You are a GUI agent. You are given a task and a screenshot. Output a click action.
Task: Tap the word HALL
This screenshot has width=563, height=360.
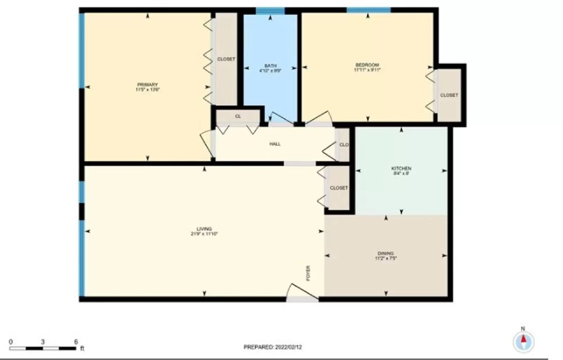(275, 144)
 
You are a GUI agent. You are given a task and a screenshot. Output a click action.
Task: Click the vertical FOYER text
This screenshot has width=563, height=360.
(308, 273)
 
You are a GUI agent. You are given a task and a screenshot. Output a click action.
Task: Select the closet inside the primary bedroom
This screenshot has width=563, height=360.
(226, 59)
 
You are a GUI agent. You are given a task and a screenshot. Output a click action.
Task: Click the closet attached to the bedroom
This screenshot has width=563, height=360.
(449, 95)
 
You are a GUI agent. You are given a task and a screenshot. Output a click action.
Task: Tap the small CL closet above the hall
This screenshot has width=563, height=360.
(238, 116)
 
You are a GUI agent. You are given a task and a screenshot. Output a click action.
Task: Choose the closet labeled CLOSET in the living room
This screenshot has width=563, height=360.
(339, 188)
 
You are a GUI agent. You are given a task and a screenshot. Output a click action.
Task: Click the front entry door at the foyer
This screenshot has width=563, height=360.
(302, 294)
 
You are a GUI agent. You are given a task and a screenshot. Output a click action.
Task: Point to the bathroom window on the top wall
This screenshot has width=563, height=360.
(270, 11)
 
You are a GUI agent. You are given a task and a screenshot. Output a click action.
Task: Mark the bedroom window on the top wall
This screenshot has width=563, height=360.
(368, 10)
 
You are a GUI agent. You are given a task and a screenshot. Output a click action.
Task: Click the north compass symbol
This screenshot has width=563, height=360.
(523, 341)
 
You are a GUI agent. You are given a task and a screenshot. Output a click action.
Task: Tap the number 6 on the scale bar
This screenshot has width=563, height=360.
(76, 342)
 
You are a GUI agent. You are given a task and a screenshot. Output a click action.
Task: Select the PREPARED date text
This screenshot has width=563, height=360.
(273, 347)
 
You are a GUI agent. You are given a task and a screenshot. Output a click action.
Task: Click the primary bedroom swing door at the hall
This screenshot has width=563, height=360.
(207, 143)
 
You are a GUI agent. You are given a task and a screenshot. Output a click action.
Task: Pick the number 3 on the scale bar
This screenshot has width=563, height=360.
(43, 342)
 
